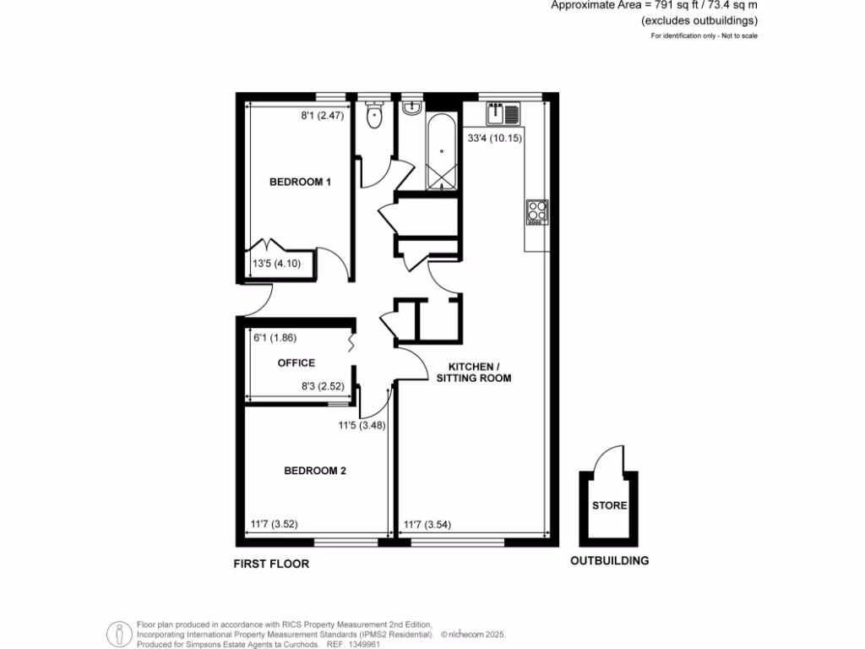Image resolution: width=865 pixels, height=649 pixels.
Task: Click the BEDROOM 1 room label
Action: tap(300, 182)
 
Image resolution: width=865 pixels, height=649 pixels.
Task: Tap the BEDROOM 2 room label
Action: tap(315, 472)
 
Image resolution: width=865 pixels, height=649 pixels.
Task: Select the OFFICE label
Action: tap(296, 363)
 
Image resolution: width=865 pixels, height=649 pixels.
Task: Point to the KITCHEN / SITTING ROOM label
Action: tap(474, 372)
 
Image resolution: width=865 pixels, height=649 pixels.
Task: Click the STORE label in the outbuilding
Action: tap(609, 506)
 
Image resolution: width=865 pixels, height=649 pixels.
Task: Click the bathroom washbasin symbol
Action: tap(413, 109)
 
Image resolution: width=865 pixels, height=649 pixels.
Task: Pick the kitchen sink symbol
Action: tap(503, 112)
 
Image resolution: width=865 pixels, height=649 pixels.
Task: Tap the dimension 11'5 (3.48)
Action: tap(362, 426)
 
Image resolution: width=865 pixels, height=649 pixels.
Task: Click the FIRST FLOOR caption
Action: tap(271, 564)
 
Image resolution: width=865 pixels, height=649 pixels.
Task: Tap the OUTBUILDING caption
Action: tap(609, 560)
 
